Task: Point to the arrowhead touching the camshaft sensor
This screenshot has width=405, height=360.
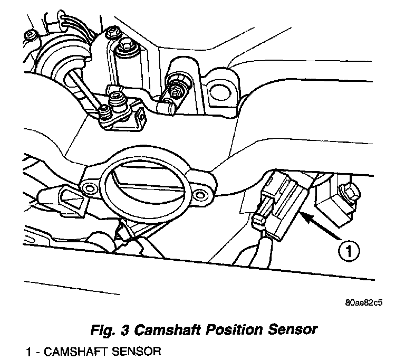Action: click(x=303, y=214)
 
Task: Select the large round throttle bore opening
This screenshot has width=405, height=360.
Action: click(x=142, y=187)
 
